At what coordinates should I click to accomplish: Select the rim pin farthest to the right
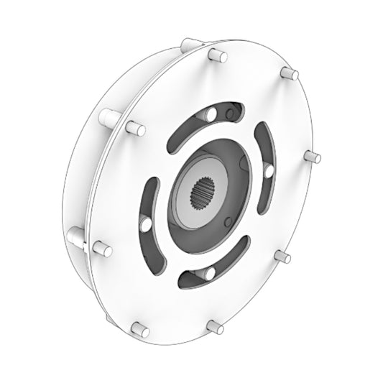tap(311, 156)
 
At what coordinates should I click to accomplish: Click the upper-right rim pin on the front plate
tap(290, 74)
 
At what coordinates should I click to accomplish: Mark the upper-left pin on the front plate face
tap(134, 129)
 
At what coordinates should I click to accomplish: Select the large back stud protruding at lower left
tap(78, 234)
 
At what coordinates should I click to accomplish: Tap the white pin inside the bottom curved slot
tap(209, 273)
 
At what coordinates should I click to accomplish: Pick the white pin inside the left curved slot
tap(145, 226)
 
